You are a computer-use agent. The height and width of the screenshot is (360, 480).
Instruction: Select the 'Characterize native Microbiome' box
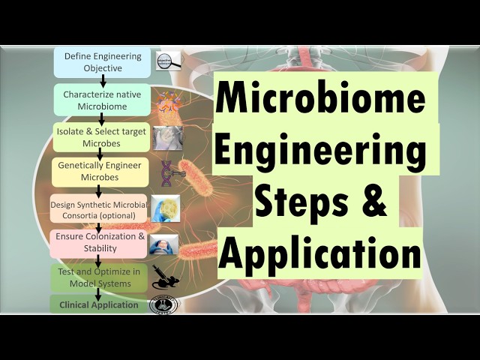(100, 100)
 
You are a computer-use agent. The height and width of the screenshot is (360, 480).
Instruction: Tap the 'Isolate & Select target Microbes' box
(102, 137)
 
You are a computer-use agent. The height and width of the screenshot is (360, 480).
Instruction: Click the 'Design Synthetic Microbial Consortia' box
(97, 209)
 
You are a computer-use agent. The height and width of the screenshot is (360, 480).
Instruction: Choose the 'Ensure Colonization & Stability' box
(98, 243)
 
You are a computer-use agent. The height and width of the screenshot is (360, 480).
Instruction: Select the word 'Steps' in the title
(301, 200)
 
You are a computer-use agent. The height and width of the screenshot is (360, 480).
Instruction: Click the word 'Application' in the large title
(319, 252)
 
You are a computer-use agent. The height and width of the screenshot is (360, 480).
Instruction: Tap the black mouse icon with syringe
(165, 277)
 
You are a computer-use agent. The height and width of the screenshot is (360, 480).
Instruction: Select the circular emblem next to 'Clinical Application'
(164, 304)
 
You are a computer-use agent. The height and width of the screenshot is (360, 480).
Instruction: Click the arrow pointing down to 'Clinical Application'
(98, 294)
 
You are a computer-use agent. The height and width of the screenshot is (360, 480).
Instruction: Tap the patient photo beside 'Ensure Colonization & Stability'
(165, 243)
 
